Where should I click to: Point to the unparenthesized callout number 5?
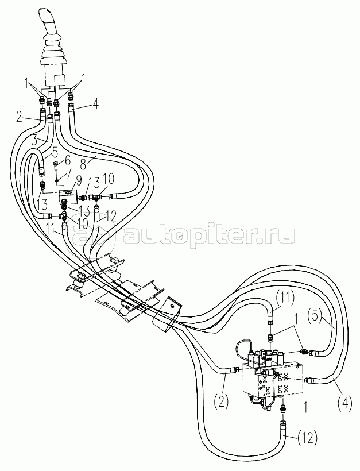[x=55, y=153]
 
